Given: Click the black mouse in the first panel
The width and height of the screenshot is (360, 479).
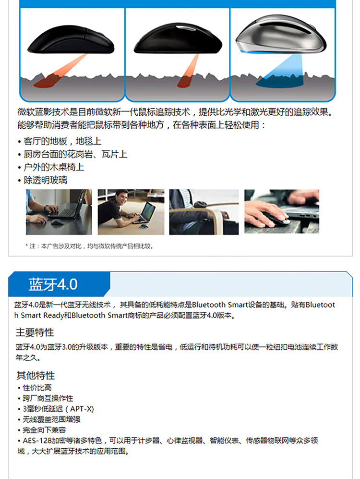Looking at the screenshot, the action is pyautogui.click(x=71, y=40).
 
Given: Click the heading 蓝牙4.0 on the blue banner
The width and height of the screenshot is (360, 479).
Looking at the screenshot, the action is pyautogui.click(x=53, y=284).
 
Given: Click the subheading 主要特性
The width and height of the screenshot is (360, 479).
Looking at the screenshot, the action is pyautogui.click(x=35, y=332).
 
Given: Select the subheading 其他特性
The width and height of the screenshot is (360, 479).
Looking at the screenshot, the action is pyautogui.click(x=36, y=375).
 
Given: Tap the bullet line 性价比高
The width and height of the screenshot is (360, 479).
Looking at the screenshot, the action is pyautogui.click(x=35, y=388).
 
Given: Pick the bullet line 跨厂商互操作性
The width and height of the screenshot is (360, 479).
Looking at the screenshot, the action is pyautogui.click(x=45, y=398).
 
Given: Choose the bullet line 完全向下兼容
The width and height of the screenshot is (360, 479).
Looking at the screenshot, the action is pyautogui.click(x=41, y=430).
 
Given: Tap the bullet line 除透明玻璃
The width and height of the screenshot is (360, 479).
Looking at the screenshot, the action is pyautogui.click(x=42, y=180).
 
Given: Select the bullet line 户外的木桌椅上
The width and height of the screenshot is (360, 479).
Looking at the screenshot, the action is pyautogui.click(x=51, y=167).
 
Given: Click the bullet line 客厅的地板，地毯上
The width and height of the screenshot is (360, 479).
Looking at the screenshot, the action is pyautogui.click(x=60, y=141).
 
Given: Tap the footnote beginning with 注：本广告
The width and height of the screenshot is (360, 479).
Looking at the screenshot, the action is pyautogui.click(x=89, y=246).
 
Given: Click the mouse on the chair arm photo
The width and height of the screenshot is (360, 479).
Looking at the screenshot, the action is pyautogui.click(x=200, y=204).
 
